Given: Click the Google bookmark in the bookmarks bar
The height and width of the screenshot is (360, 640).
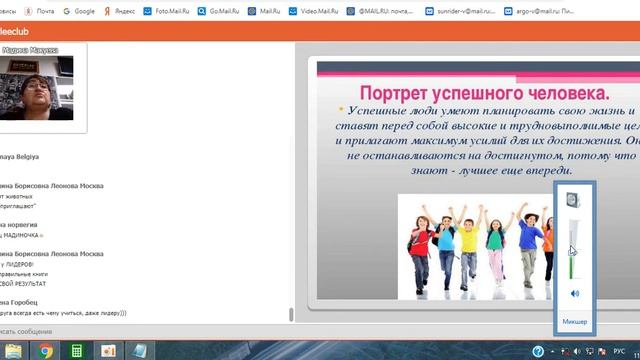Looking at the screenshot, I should (80, 11).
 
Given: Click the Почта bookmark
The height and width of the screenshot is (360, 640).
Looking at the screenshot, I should (37, 11).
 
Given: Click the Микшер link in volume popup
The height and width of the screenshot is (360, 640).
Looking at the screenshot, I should (575, 322).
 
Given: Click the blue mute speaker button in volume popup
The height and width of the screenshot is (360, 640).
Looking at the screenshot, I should (574, 293).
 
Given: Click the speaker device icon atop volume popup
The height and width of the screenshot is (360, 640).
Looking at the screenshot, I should (574, 201).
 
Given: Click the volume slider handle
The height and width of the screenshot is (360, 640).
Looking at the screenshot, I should (574, 251).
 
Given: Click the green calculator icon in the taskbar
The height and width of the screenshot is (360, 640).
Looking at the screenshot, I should (77, 350).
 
